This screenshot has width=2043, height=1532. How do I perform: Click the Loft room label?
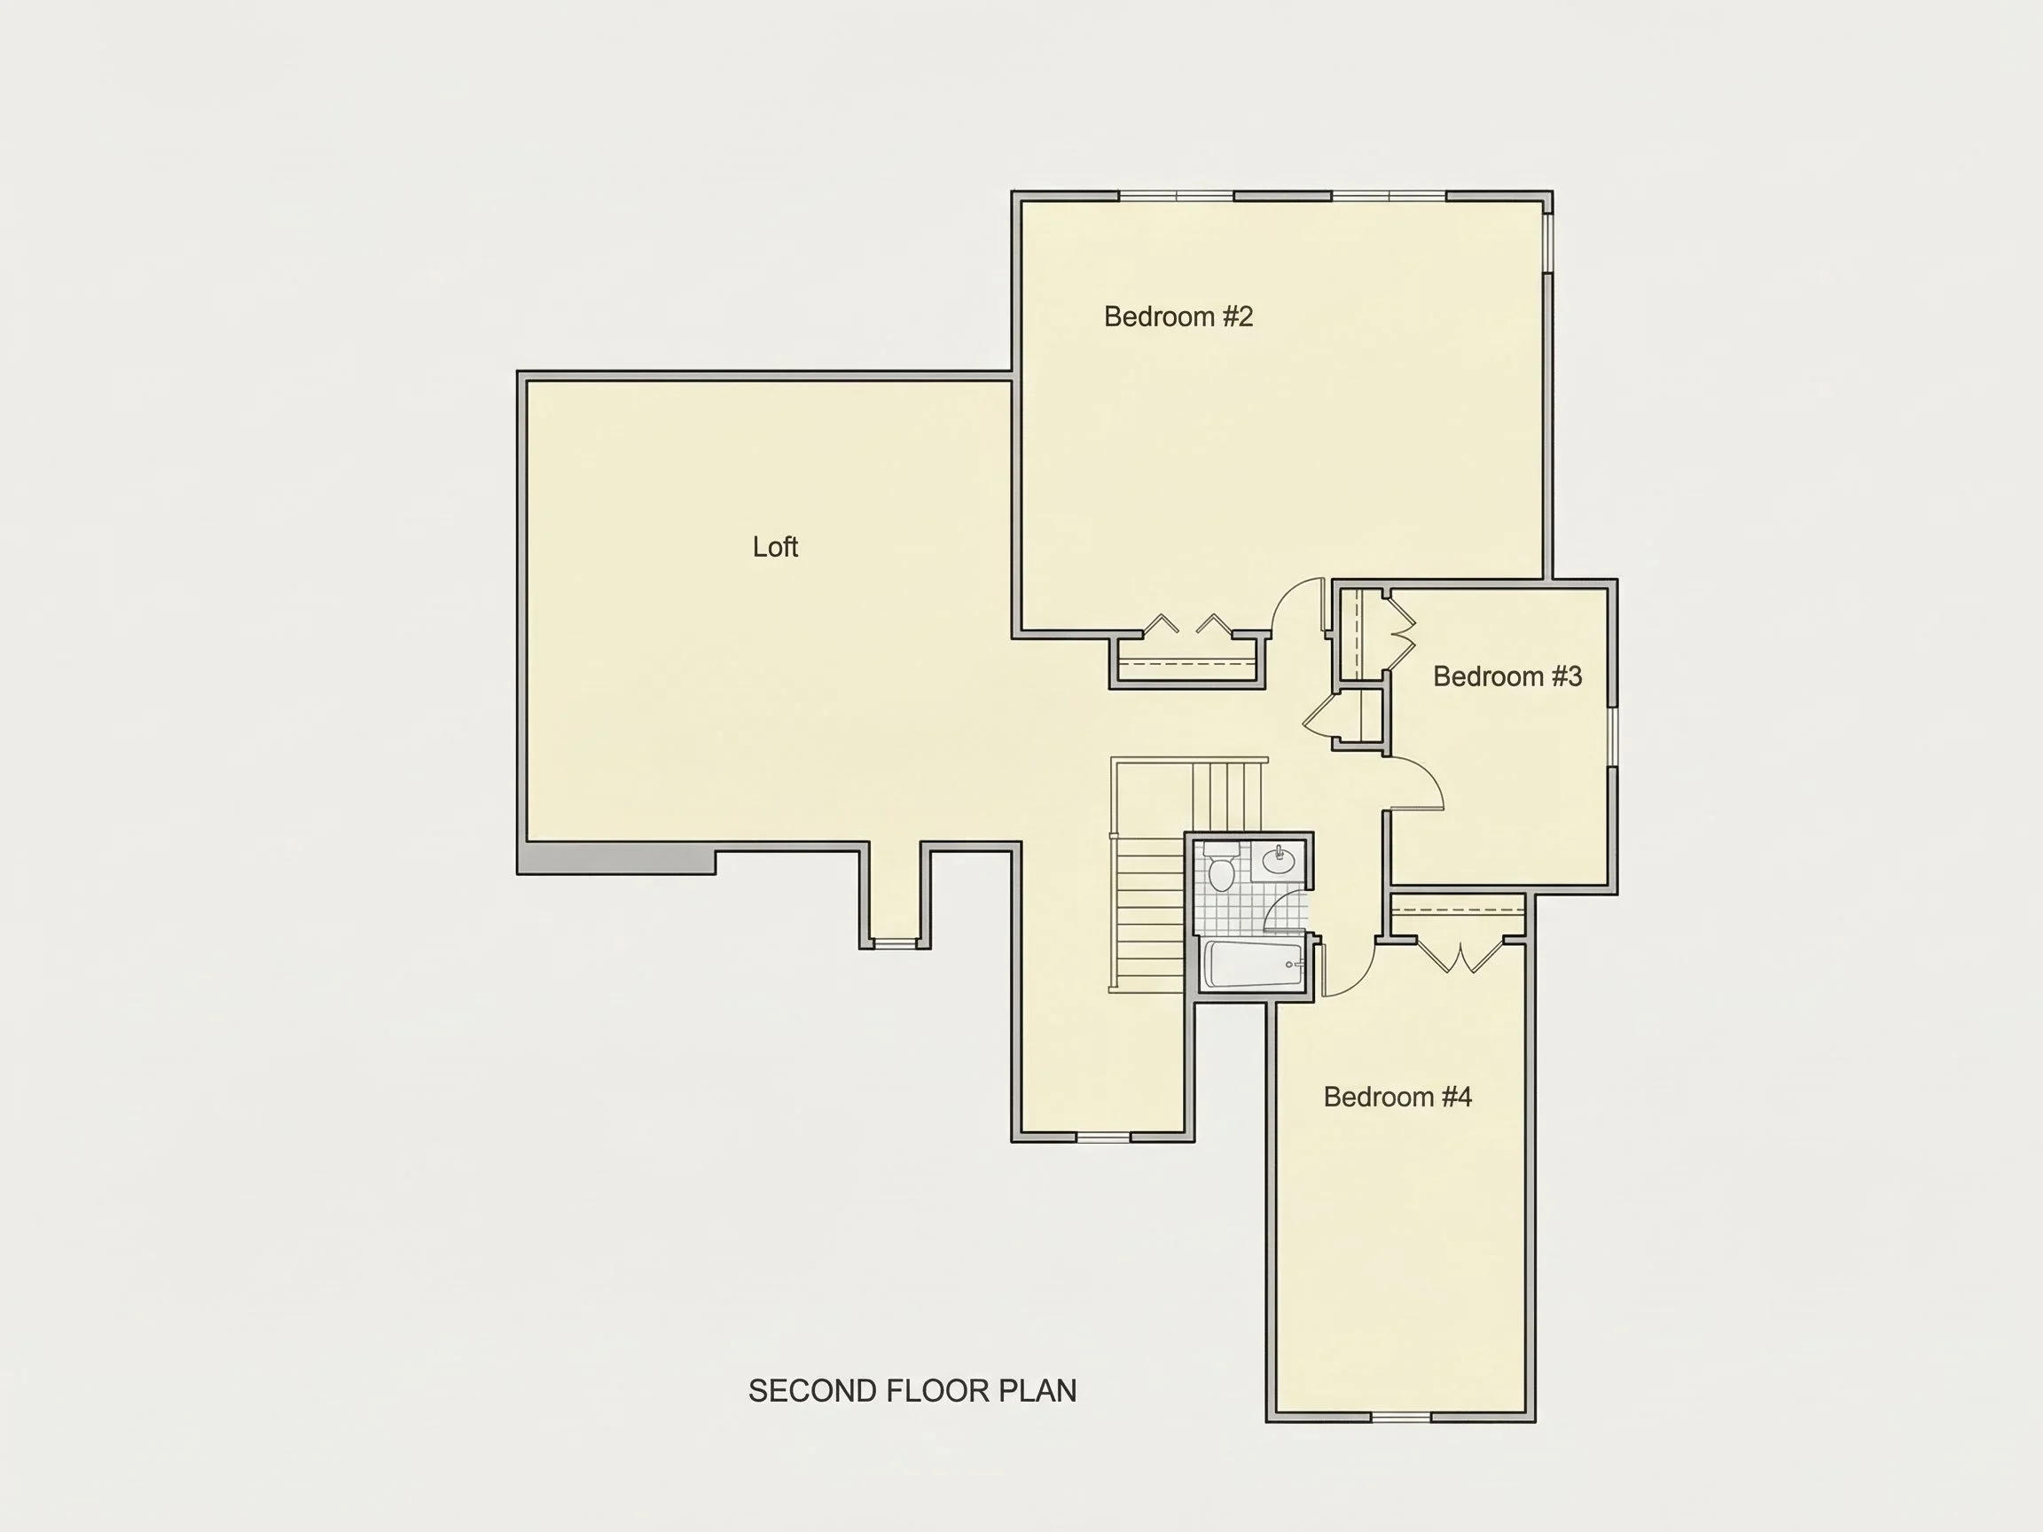(x=775, y=547)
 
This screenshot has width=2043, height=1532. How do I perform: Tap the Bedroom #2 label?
(x=1178, y=317)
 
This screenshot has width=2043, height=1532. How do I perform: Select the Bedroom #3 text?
(x=1507, y=676)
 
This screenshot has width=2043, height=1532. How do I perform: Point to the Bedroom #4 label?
(x=1397, y=1097)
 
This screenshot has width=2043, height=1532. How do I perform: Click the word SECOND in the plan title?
(x=813, y=1392)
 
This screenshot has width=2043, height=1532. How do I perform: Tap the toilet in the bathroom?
(x=1222, y=866)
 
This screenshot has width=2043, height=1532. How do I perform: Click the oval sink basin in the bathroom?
(x=1280, y=862)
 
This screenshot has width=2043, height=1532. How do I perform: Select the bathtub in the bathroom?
(x=1254, y=965)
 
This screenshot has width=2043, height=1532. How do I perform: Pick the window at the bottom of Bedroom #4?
(x=1401, y=1417)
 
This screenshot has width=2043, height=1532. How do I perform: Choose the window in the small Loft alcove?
(x=895, y=944)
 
